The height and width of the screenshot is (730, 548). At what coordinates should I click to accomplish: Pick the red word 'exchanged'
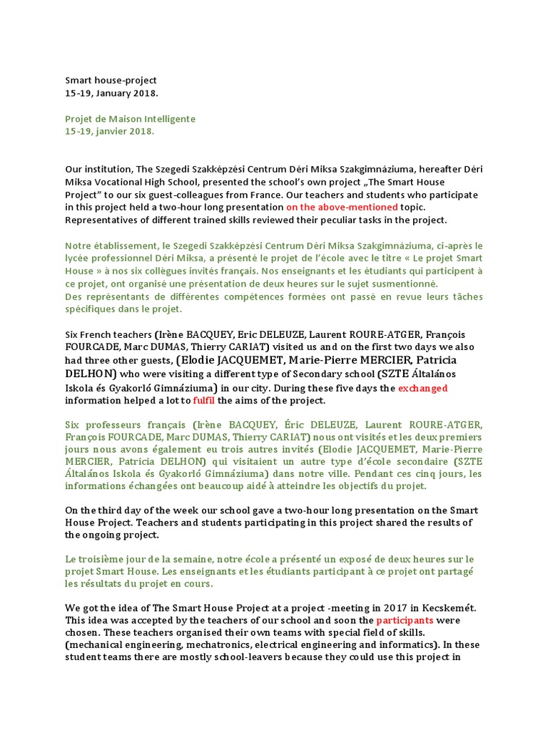pos(422,388)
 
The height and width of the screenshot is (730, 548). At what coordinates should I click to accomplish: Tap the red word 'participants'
pos(405,620)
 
